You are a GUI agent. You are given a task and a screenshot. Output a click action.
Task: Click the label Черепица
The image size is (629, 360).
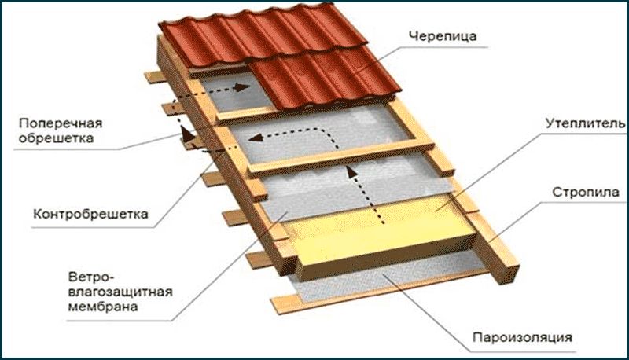tap(443, 35)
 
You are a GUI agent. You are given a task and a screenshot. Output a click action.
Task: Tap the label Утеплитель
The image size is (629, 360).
tap(585, 123)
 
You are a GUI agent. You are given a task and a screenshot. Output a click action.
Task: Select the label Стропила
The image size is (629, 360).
tap(586, 193)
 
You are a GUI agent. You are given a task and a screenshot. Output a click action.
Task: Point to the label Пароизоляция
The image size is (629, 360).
tap(522, 337)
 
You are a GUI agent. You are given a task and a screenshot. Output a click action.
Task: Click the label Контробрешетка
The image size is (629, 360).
tap(90, 214)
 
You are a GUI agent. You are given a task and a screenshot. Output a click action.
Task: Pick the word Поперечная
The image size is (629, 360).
tap(61, 123)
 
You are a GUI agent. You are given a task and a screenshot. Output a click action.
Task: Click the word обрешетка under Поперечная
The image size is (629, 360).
tap(56, 138)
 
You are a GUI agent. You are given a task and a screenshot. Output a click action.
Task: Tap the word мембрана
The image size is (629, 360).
tap(103, 307)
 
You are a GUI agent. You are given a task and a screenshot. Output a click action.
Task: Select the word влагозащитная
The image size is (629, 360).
tap(120, 292)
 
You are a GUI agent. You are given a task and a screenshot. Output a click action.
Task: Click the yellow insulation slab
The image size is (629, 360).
tap(381, 237)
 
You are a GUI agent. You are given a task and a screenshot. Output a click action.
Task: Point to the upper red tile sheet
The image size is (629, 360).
tap(263, 36)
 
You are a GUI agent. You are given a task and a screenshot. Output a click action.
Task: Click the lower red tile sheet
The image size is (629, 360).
tap(325, 78)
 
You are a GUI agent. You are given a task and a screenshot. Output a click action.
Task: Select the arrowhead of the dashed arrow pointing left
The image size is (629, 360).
tap(256, 138)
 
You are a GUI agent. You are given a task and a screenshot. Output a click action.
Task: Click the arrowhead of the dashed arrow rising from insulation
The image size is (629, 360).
tap(351, 171)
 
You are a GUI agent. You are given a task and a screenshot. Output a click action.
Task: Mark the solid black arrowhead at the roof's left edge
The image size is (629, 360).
tap(185, 132)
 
